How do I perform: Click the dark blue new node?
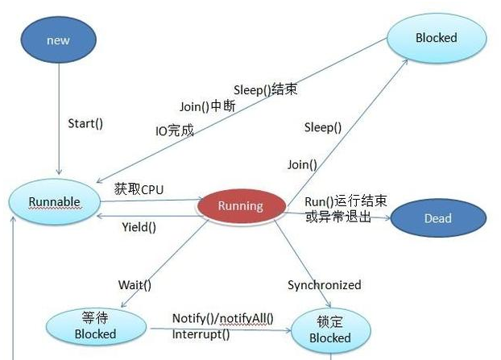[x=58, y=40]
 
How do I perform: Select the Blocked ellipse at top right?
[x=436, y=38]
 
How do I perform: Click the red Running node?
[x=241, y=205]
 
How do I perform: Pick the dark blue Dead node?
[x=437, y=218]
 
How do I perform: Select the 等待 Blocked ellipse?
[x=95, y=326]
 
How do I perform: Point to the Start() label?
[x=86, y=124]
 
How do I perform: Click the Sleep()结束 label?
[x=265, y=89]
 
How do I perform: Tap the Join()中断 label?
[x=207, y=106]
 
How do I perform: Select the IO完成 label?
[x=175, y=130]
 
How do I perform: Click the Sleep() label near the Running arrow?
[x=323, y=127]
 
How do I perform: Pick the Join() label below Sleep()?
[x=302, y=164]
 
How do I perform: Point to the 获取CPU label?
[x=139, y=189]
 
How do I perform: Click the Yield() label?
[x=139, y=227]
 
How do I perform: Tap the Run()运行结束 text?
[x=346, y=201]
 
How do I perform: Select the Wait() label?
[x=135, y=285]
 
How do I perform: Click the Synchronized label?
[x=325, y=285]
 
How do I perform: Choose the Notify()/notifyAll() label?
[x=223, y=318]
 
